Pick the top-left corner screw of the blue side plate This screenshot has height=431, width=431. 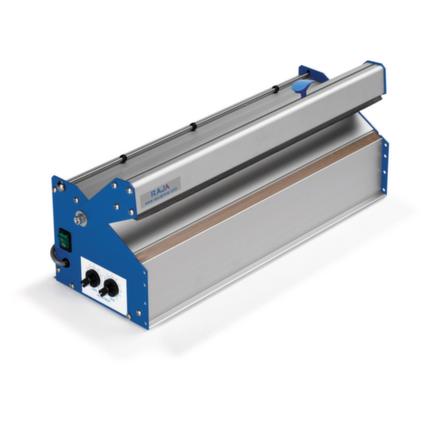(58, 182)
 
